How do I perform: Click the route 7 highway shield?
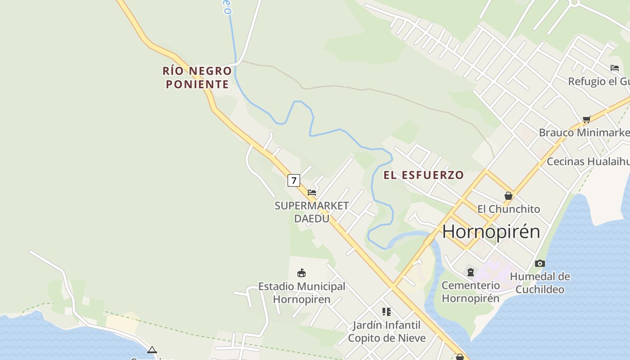pyautogui.click(x=294, y=180)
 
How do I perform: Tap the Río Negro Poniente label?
pyautogui.click(x=197, y=77)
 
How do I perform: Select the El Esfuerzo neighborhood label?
pyautogui.click(x=423, y=175)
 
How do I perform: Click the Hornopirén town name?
pyautogui.click(x=491, y=231)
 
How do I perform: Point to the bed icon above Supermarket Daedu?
pyautogui.click(x=312, y=193)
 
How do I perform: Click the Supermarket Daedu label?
pyautogui.click(x=311, y=212)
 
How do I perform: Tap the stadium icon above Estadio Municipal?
pyautogui.click(x=301, y=273)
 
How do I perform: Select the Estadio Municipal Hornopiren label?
pyautogui.click(x=301, y=292)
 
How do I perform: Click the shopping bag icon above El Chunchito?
pyautogui.click(x=508, y=196)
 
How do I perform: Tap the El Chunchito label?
pyautogui.click(x=508, y=209)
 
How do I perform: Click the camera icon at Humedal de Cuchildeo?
pyautogui.click(x=540, y=264)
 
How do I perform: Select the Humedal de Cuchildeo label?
pyautogui.click(x=540, y=283)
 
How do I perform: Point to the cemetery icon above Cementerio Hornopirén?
pyautogui.click(x=471, y=272)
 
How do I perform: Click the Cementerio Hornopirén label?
pyautogui.click(x=471, y=292)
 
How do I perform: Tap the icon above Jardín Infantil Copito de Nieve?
pyautogui.click(x=387, y=311)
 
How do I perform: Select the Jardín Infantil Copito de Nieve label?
pyautogui.click(x=387, y=331)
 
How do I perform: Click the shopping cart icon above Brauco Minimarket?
pyautogui.click(x=586, y=119)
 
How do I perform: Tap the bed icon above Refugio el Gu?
pyautogui.click(x=615, y=68)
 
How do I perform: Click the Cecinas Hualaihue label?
pyautogui.click(x=588, y=161)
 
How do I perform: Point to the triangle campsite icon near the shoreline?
pyautogui.click(x=152, y=350)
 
